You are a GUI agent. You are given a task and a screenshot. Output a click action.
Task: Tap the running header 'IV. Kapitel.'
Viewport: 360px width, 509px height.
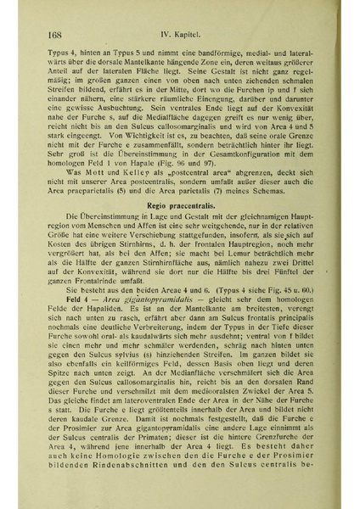tap(192, 36)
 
